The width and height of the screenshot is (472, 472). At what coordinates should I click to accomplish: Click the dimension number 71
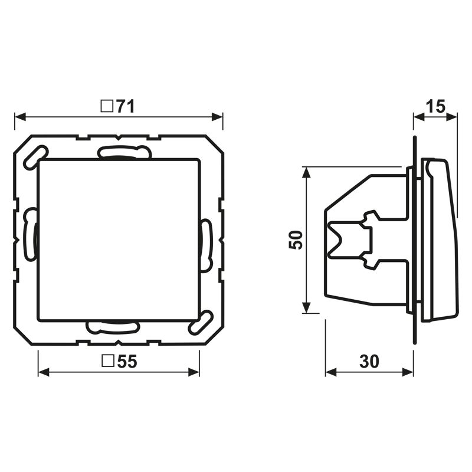pos(126,106)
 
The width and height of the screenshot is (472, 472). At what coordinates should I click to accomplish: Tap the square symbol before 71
pos(107,106)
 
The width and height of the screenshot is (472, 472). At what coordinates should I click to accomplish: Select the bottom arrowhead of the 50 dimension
pos(306,307)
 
